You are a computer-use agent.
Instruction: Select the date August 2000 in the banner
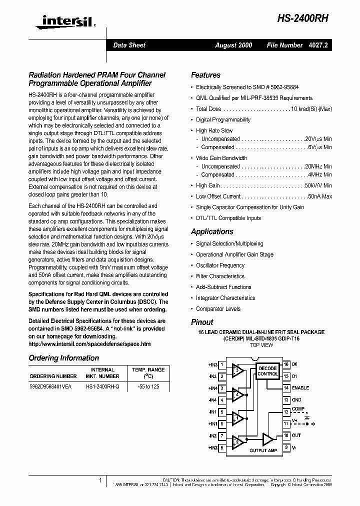[233, 45]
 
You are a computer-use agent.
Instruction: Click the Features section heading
[205, 75]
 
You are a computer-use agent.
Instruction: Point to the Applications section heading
[212, 231]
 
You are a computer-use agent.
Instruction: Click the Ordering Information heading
[63, 358]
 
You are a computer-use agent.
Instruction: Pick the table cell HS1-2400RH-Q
[102, 386]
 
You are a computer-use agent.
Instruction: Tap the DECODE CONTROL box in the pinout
[267, 371]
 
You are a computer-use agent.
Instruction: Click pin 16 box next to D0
[286, 364]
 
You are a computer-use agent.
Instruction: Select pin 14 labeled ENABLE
[286, 388]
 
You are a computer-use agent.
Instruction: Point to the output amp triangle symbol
[268, 439]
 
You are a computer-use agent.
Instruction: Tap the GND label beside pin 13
[297, 400]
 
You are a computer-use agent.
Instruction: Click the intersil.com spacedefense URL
[89, 344]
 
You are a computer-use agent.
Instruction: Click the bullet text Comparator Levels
[218, 308]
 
